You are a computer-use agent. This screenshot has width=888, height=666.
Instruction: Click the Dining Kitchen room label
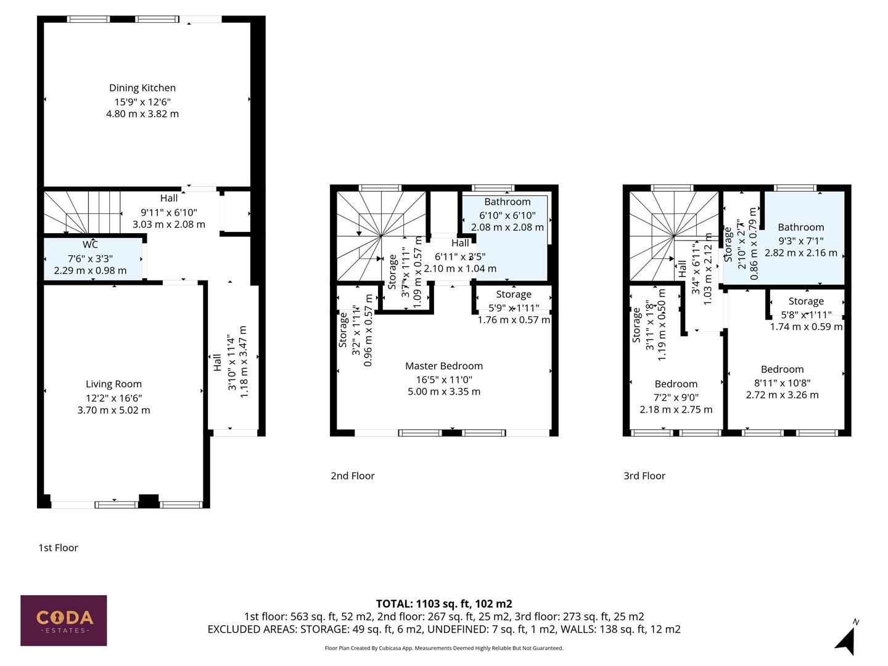point(142,88)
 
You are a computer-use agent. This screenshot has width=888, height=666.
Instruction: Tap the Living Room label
point(113,384)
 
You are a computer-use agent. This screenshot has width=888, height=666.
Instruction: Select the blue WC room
point(92,259)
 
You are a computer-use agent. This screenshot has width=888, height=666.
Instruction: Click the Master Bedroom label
point(443,366)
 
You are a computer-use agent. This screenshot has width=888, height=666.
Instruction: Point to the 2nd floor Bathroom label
point(507,202)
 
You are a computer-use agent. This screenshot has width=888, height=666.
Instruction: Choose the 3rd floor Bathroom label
point(800,227)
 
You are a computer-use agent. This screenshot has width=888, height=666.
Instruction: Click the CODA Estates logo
point(64,620)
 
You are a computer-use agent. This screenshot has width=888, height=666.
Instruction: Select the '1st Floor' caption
point(58,548)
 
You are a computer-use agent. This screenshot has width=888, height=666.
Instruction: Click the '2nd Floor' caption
point(352,475)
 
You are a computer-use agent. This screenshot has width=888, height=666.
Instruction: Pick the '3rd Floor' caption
point(644,475)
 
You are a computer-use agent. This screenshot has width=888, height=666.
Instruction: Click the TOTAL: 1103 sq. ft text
point(444,604)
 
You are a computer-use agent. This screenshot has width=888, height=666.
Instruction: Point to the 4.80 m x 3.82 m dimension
point(142,113)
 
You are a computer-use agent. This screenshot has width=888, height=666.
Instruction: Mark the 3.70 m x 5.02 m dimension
point(113,410)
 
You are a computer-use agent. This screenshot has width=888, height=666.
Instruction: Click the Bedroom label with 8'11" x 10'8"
point(782,369)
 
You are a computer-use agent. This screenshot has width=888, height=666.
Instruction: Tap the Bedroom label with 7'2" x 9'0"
point(676,384)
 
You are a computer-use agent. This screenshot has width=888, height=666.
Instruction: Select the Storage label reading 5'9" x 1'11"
point(513,295)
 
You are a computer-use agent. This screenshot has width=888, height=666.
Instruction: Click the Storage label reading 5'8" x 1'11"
point(806,301)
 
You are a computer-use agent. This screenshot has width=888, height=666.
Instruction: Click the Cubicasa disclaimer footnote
point(444,648)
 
